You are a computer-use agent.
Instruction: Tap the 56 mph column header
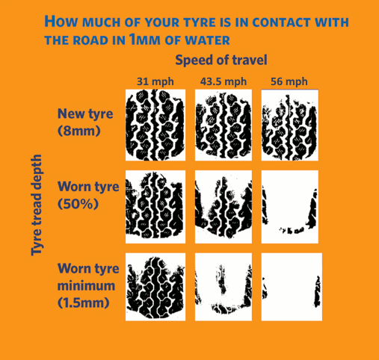(x=286, y=81)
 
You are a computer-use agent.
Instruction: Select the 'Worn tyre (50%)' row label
(x=88, y=194)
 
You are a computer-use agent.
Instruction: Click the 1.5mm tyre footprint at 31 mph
(x=154, y=287)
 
